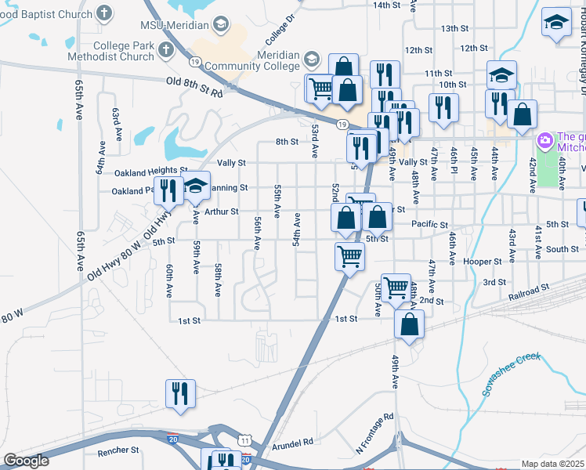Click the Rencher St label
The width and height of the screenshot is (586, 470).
pyautogui.click(x=118, y=450)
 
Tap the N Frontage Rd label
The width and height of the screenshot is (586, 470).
pyautogui.click(x=374, y=433)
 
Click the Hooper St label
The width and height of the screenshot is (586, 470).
pyautogui.click(x=482, y=261)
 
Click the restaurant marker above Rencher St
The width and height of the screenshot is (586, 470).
pyautogui.click(x=180, y=393)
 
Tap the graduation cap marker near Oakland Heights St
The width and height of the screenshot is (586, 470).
pyautogui.click(x=197, y=186)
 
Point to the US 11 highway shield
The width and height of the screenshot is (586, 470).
pyautogui.click(x=245, y=442)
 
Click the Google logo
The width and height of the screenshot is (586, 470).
pyautogui.click(x=27, y=461)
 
